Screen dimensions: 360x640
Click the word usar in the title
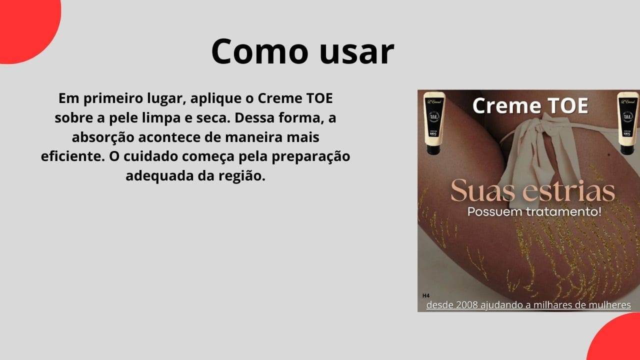click(355, 51)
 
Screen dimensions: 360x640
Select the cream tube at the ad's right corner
click(627, 122)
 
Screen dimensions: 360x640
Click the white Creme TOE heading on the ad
click(530, 106)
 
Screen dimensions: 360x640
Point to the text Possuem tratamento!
click(534, 211)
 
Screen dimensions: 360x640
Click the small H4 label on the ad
click(426, 295)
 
